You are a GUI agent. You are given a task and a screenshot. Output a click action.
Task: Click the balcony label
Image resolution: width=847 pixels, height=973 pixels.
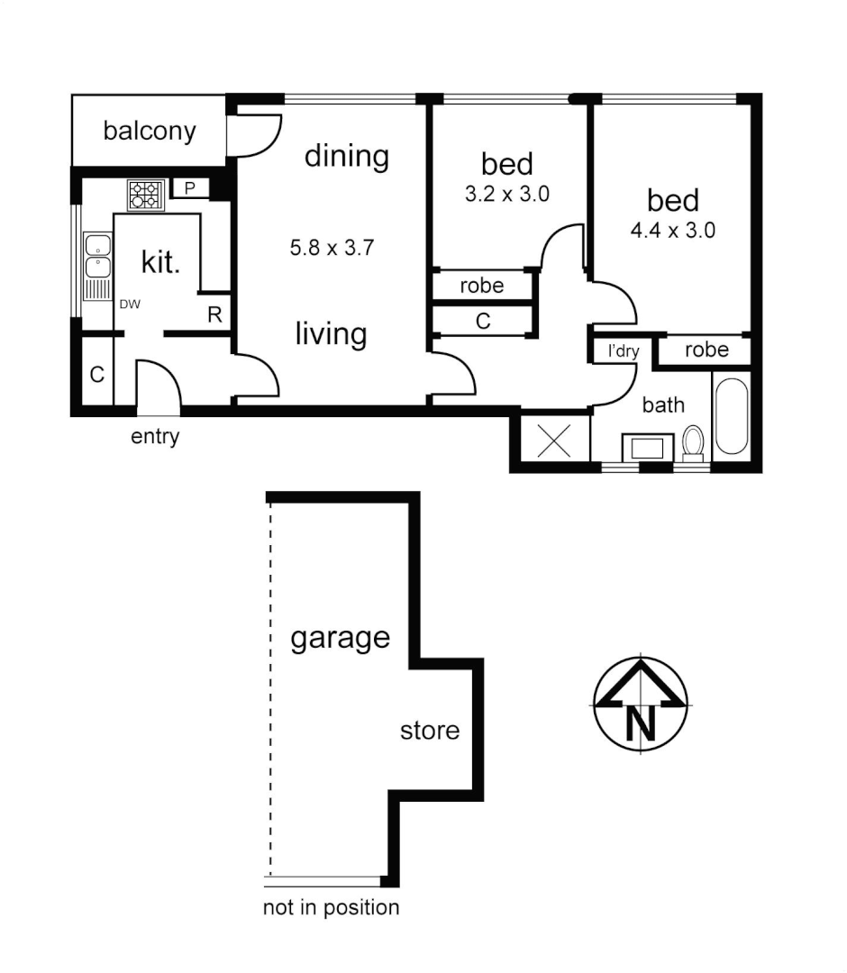[149, 131]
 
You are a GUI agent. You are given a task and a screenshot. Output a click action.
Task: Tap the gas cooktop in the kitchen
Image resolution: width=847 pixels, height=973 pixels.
[145, 195]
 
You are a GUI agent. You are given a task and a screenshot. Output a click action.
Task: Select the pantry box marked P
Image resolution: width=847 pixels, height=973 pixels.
[190, 187]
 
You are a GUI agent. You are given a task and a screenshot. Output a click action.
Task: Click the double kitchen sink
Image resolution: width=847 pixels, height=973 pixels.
[96, 256]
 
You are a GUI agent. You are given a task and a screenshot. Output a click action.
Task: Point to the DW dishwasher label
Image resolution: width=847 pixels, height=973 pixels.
[130, 305]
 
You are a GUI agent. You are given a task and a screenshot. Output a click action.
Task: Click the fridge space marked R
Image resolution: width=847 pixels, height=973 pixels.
[214, 314]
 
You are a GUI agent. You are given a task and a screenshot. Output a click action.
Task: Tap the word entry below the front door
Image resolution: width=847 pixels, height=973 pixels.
[155, 437]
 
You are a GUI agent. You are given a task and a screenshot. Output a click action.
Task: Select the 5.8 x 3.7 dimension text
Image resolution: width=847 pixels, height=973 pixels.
[331, 248]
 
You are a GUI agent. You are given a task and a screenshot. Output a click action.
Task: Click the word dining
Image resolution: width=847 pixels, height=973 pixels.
[346, 156]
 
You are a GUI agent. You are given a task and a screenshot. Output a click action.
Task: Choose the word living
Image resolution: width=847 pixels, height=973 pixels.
[331, 334]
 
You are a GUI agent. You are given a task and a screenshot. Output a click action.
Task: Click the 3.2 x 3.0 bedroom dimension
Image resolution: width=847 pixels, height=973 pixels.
[506, 193]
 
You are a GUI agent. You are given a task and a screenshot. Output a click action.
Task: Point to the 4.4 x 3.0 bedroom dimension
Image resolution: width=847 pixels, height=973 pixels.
[672, 230]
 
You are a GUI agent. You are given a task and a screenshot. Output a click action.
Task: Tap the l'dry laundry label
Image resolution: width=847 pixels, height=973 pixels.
[622, 350]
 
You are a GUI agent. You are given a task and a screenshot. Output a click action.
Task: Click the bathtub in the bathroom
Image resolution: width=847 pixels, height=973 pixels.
[730, 416]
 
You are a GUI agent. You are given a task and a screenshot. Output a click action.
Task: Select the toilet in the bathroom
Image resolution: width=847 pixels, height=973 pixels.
[693, 443]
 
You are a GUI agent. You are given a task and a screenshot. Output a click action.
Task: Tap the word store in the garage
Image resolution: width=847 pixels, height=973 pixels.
[429, 730]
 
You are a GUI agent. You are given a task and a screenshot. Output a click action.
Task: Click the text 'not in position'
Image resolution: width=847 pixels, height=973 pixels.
[331, 906]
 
